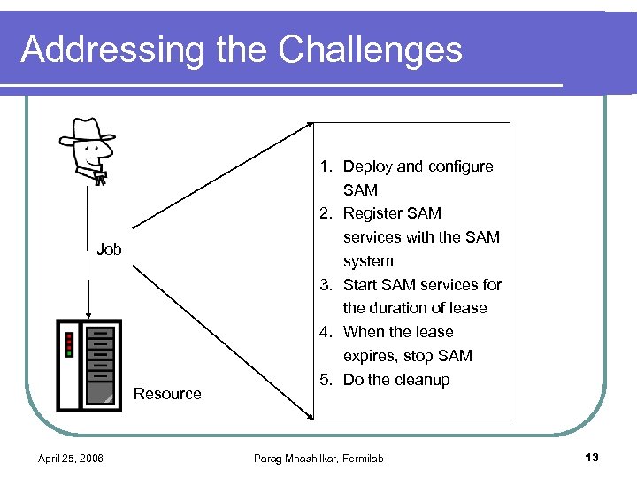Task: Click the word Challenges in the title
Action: tap(371, 50)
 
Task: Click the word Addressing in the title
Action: tap(111, 50)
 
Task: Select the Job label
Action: tap(109, 250)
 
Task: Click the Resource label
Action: tap(167, 394)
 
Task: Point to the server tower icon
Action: tap(89, 365)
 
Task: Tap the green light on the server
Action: tap(69, 354)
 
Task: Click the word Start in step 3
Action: tap(359, 285)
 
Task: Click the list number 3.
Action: tap(326, 285)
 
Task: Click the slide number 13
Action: tap(592, 457)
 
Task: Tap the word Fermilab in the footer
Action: tap(362, 458)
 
